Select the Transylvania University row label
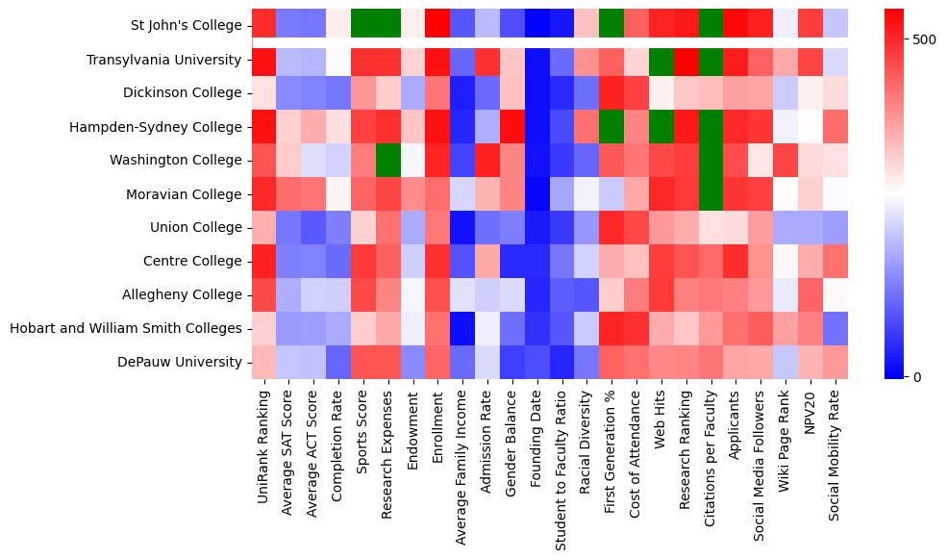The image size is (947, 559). click(163, 60)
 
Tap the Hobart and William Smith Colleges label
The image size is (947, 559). click(125, 329)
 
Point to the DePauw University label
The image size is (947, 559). click(181, 363)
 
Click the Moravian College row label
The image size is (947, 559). click(184, 194)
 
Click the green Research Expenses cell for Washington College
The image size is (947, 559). click(387, 161)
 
